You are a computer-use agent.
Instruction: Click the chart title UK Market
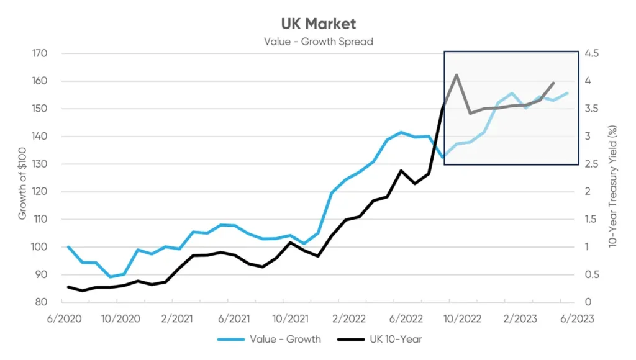click(x=318, y=24)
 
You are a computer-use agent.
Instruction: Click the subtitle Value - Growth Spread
click(x=318, y=42)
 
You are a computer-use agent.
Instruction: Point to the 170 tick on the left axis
click(x=39, y=53)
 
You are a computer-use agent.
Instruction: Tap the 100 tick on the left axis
click(x=39, y=247)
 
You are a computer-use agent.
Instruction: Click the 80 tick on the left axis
click(x=41, y=302)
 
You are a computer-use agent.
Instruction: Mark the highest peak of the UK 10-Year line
click(x=457, y=75)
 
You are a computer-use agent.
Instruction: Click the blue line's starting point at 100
click(x=68, y=247)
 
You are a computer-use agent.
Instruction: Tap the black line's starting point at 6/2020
click(x=68, y=287)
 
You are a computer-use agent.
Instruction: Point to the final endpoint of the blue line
click(x=567, y=93)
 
